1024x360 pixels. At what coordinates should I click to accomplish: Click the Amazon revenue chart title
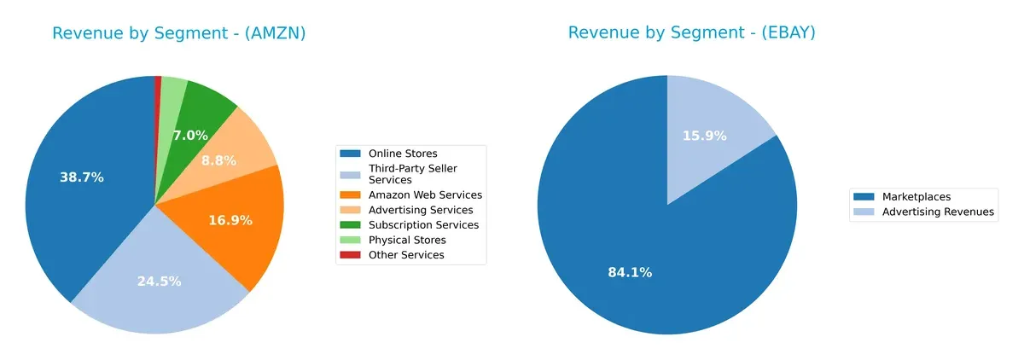click(x=178, y=34)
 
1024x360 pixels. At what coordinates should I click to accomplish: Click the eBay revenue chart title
click(x=692, y=33)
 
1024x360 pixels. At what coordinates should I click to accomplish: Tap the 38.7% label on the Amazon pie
click(x=82, y=177)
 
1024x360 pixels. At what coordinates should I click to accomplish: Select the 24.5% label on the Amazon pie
click(x=159, y=281)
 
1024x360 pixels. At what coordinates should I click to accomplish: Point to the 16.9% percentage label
click(x=230, y=220)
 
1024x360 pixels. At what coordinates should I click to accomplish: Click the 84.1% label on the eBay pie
click(x=630, y=273)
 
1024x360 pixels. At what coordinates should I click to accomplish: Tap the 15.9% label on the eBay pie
click(x=704, y=136)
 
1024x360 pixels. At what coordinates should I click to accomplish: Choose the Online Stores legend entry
click(x=402, y=154)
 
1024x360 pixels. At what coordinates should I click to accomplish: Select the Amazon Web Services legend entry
click(x=424, y=195)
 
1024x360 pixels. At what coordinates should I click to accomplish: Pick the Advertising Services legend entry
click(x=420, y=210)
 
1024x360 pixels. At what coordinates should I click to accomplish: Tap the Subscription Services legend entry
click(x=422, y=225)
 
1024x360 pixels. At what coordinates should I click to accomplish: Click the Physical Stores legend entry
click(x=405, y=240)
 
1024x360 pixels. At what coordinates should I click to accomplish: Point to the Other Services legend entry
click(x=405, y=255)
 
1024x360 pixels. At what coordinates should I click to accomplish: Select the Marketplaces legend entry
click(x=916, y=197)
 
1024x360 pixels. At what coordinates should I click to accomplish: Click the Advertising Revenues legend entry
click(x=938, y=212)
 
